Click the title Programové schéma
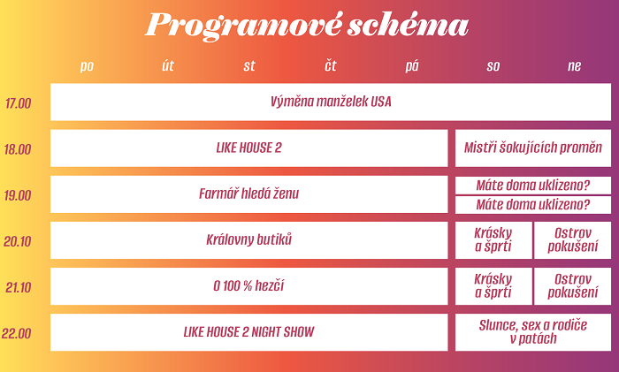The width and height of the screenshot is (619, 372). pos(306,26)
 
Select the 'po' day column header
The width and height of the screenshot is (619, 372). pos(87,66)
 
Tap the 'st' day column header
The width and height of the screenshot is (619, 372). pos(249,66)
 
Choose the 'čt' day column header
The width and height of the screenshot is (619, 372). pos(331,66)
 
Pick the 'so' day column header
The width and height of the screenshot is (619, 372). pos(493,66)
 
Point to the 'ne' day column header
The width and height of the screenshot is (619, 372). pos(575,66)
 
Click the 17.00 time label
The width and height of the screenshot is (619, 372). pos(18,103)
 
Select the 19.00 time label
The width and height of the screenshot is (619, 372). pos(18,195)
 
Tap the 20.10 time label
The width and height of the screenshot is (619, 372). pos(18,241)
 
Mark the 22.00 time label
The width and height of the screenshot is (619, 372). pos(18,333)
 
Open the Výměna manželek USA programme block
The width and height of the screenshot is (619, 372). pos(331,102)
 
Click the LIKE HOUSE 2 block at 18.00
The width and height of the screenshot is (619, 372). pos(249,148)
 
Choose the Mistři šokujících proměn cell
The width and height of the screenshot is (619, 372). pos(532,148)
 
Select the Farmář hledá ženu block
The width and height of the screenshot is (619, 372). pos(249,194)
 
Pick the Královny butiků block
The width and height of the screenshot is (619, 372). pos(249,239)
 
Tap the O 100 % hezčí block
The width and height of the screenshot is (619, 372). pos(249,285)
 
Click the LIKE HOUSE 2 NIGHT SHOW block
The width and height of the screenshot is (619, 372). pos(249,332)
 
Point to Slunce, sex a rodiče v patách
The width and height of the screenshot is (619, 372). pos(532,332)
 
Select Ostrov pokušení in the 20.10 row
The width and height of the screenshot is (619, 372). pos(572,239)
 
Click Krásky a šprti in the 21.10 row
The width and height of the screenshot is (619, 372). pos(493,285)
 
